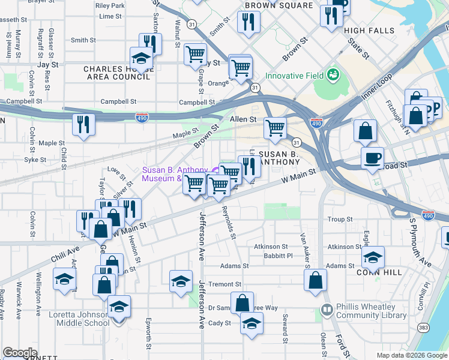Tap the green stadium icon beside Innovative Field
pyautogui.click(x=333, y=76)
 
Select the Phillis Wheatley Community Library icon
pyautogui.click(x=327, y=310)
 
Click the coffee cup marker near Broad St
pyautogui.click(x=373, y=158)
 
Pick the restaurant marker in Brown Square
pyautogui.click(x=248, y=22)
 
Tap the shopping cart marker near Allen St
pyautogui.click(x=275, y=127)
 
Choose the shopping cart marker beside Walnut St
pyautogui.click(x=195, y=54)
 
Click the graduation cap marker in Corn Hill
pyautogui.click(x=373, y=257)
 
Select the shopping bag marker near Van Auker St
pyautogui.click(x=315, y=280)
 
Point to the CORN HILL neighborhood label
pyautogui.click(x=377, y=272)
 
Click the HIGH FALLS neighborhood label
pyautogui.click(x=370, y=31)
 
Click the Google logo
pyautogui.click(x=20, y=352)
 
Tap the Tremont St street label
pyautogui.click(x=225, y=284)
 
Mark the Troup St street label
pyautogui.click(x=340, y=220)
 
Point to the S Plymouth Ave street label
pyautogui.click(x=420, y=242)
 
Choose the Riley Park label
pyautogui.click(x=110, y=5)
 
